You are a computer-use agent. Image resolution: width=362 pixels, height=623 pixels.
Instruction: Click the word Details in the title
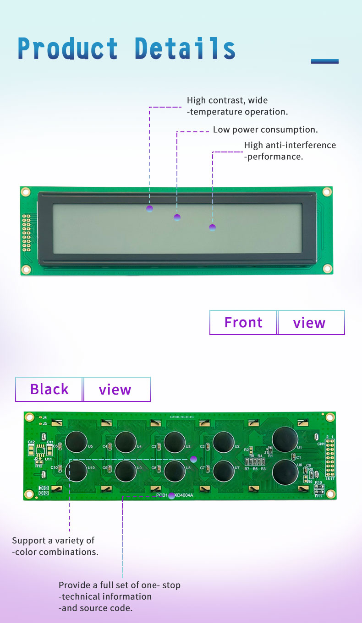pyautogui.click(x=185, y=49)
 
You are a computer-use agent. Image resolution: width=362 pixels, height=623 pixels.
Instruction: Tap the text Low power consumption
pyautogui.click(x=265, y=130)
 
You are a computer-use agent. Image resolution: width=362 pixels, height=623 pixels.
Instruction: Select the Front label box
pyautogui.click(x=243, y=323)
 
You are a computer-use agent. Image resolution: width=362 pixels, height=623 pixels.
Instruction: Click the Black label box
pyautogui.click(x=49, y=389)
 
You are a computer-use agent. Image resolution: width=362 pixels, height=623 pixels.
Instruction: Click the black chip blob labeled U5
pyautogui.click(x=76, y=442)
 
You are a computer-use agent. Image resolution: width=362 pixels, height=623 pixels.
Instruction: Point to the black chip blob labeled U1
pyautogui.click(x=285, y=439)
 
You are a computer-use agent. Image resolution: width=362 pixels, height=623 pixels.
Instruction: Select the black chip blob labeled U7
pyautogui.click(x=224, y=471)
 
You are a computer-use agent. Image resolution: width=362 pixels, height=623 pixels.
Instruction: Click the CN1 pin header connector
pyautogui.click(x=330, y=458)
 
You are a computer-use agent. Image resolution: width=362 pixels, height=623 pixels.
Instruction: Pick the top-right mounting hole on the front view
pyautogui.click(x=327, y=192)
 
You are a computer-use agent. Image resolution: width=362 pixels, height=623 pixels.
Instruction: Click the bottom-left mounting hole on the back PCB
pyautogui.click(x=29, y=493)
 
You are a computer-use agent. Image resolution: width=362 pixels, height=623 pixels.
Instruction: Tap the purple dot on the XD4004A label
pyautogui.click(x=172, y=495)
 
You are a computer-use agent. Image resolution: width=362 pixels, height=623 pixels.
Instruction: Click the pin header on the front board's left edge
pyautogui.click(x=27, y=233)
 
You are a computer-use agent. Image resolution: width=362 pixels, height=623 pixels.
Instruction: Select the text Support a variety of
pyautogui.click(x=53, y=541)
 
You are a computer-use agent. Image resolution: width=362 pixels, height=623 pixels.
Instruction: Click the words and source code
pyautogui.click(x=95, y=608)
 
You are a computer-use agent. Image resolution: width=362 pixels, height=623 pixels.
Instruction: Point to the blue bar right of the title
pyautogui.click(x=324, y=61)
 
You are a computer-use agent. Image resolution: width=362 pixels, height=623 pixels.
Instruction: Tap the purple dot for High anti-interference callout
pyautogui.click(x=212, y=228)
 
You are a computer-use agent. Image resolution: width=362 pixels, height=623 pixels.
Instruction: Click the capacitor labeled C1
pyautogui.click(x=293, y=456)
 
